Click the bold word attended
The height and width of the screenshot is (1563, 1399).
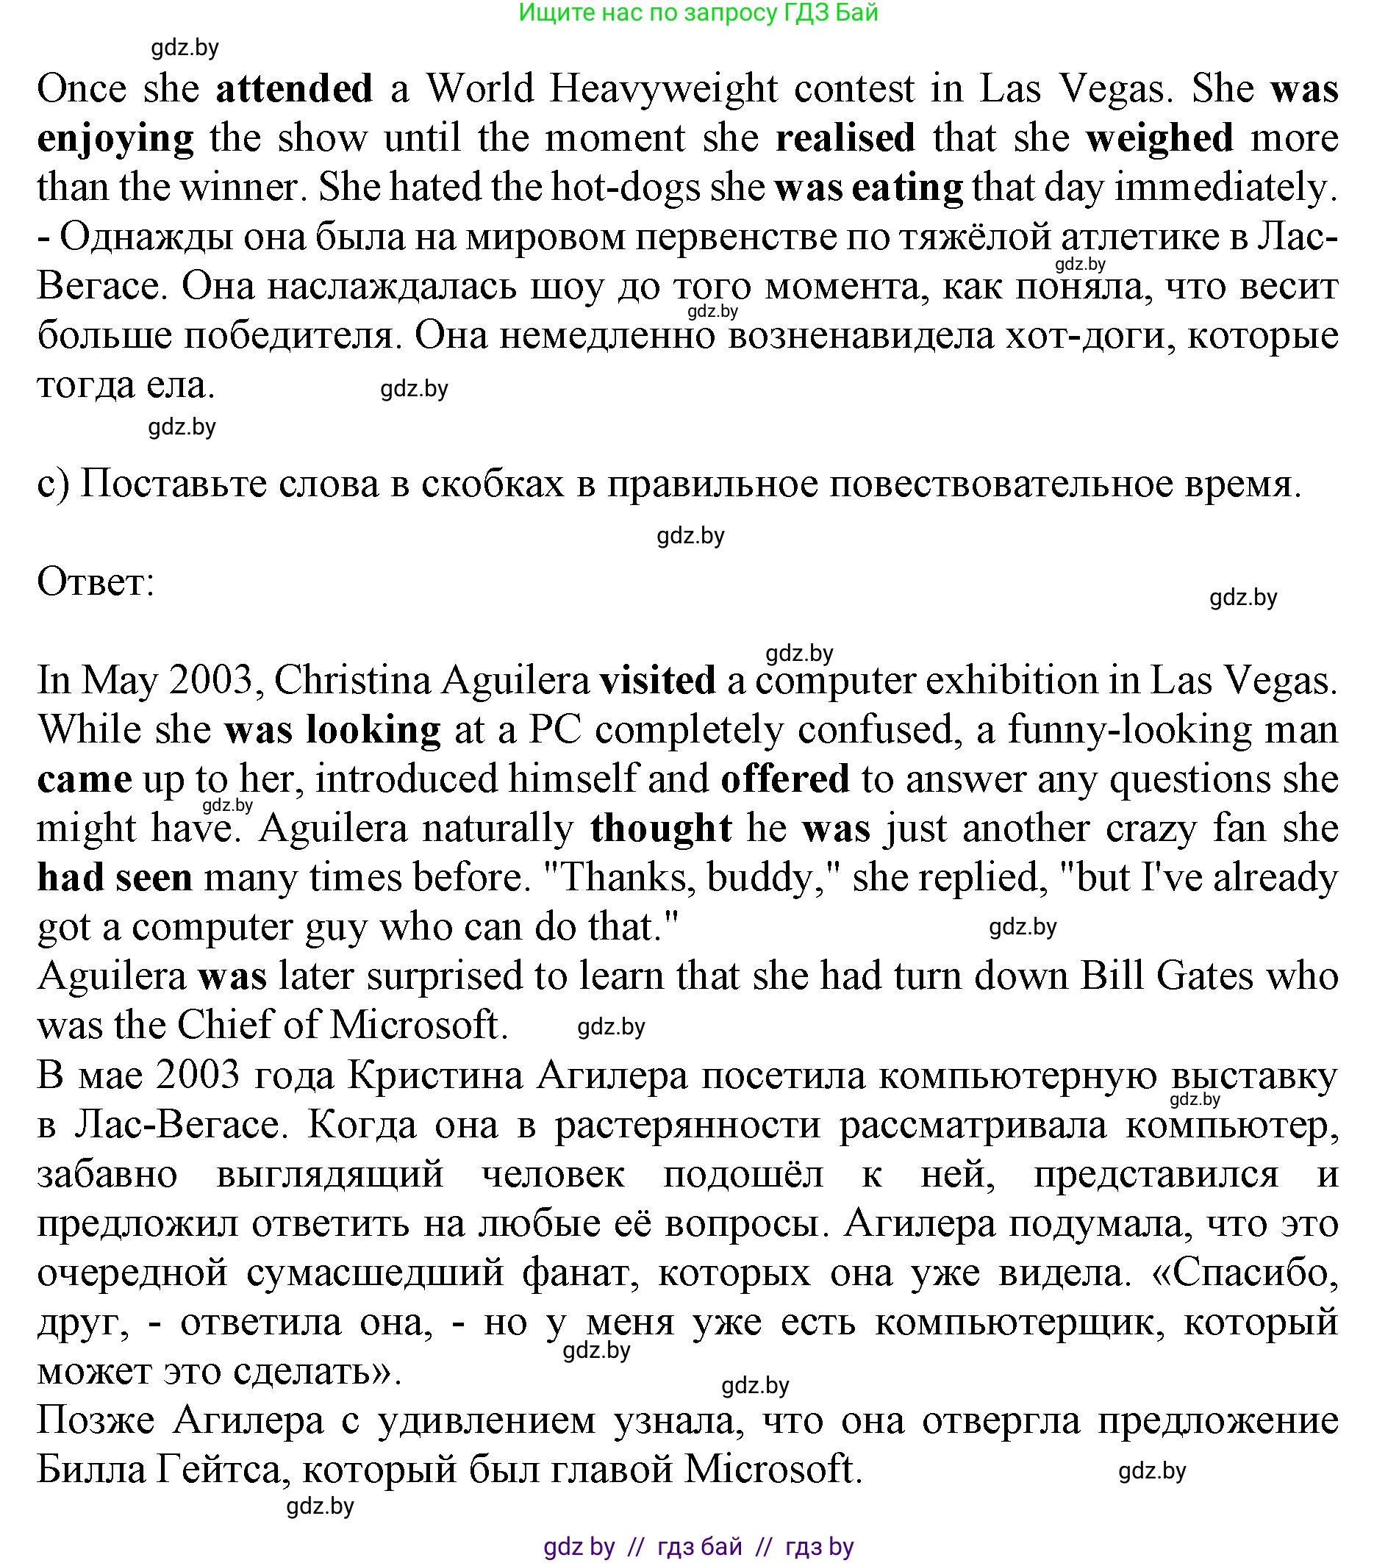pos(293,88)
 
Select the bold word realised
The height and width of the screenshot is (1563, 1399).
pos(845,137)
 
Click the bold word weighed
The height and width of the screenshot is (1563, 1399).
pos(1159,137)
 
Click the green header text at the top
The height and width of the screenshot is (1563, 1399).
pos(698,12)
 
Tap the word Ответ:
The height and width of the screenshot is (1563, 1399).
pos(96,582)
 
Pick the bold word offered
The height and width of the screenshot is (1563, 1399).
pos(785,779)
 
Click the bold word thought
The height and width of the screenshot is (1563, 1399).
pos(660,828)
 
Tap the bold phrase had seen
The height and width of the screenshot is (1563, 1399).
pos(115,877)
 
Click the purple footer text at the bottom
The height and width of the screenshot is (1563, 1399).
pos(698,1546)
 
